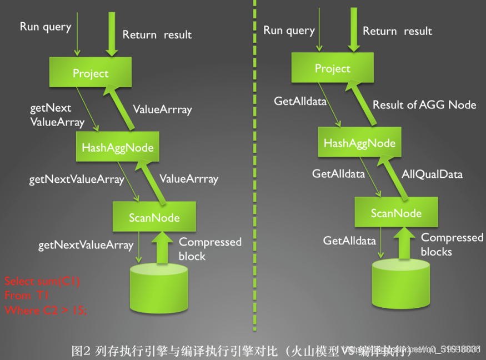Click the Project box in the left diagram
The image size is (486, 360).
pos(91,73)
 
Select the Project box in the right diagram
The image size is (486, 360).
pos(333,68)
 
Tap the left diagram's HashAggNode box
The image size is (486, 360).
pos(117,147)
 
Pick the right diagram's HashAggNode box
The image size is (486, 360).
pos(359,143)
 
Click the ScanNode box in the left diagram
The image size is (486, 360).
pos(154,217)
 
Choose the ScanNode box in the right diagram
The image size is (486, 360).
pos(396,213)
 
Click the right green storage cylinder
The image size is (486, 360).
pos(400,284)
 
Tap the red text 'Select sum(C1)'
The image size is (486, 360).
pos(42,281)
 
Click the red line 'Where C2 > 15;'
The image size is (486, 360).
pos(46,310)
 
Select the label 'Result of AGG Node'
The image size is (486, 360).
pos(424,104)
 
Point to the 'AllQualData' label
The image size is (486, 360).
pos(432,174)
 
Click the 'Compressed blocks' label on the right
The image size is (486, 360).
pos(452,244)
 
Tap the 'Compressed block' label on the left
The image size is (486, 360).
pos(209,249)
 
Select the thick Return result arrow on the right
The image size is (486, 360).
pos(352,31)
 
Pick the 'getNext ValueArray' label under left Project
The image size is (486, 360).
pos(57,114)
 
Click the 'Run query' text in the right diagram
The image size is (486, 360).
pos(289,30)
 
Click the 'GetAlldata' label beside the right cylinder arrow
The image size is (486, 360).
pos(349,241)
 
